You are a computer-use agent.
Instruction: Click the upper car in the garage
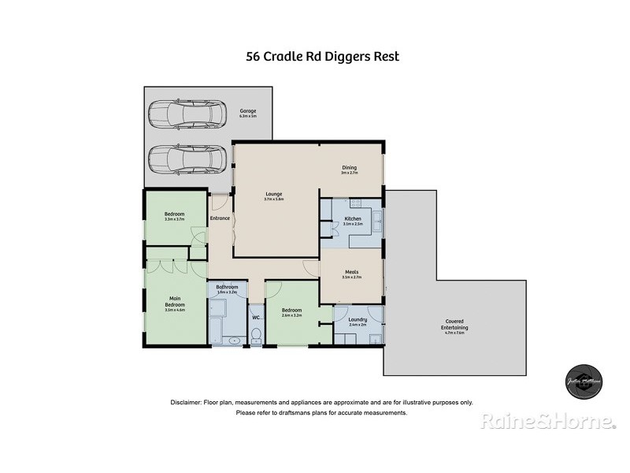pos(183,115)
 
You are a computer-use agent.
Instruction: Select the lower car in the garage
pos(183,160)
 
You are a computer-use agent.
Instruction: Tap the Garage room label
pos(248,111)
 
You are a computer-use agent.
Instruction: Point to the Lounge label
pos(273,194)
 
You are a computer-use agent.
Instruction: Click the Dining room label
pos(349,167)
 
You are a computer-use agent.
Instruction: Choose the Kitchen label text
pos(352,218)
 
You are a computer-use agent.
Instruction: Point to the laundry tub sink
pos(376,340)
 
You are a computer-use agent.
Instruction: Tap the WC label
pos(256,318)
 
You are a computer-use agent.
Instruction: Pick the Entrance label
pos(220,218)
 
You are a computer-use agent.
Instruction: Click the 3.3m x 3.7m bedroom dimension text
pos(174,219)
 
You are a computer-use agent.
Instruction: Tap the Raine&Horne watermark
pos(548,422)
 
